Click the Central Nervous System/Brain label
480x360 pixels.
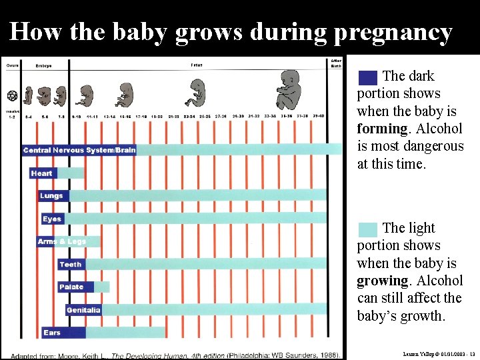(79, 150)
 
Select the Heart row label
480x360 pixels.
(41, 173)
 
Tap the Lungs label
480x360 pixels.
(51, 196)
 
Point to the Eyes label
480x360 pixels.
(52, 219)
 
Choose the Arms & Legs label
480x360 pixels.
(62, 241)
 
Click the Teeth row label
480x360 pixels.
(71, 264)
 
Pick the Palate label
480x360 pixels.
(71, 287)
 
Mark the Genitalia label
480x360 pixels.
(83, 310)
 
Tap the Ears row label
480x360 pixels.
(52, 333)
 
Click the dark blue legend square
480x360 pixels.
(367, 77)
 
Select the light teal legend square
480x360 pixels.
(367, 229)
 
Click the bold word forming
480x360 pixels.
(382, 129)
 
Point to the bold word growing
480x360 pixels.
(382, 281)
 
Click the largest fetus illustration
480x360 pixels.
(291, 89)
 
